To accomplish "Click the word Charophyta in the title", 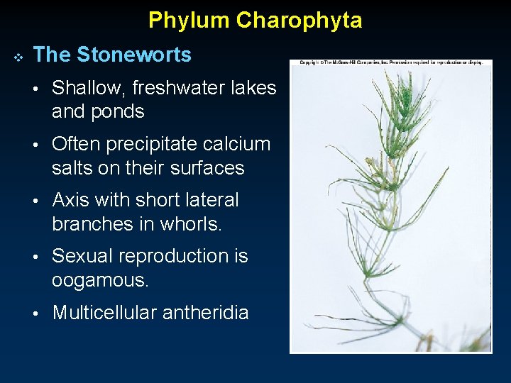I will pyautogui.click(x=299, y=21).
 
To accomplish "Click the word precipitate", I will pyautogui.click(x=138, y=144).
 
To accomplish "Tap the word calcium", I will pyautogui.click(x=236, y=144).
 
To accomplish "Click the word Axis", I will pyautogui.click(x=73, y=200).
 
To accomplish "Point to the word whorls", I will pyautogui.click(x=194, y=224).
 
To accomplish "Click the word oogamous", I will pyautogui.click(x=100, y=281).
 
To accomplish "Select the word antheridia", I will pyautogui.click(x=211, y=313).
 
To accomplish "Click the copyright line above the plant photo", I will pyautogui.click(x=391, y=63).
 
